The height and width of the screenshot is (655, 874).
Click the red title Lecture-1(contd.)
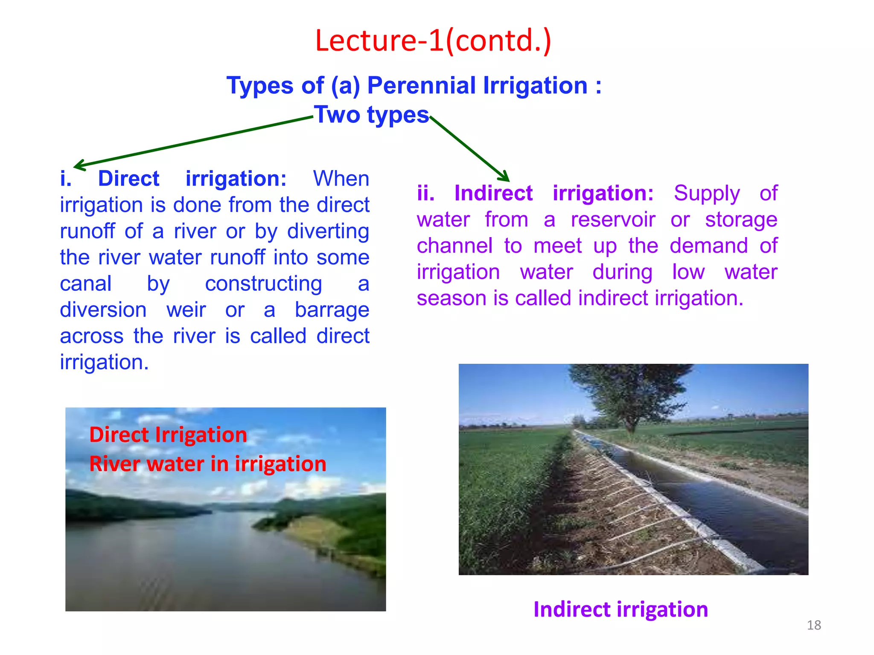pyautogui.click(x=433, y=41)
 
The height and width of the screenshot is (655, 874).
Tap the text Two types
pyautogui.click(x=371, y=115)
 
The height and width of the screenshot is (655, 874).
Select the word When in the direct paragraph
pyautogui.click(x=341, y=178)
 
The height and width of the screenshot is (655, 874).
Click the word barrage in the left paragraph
pyautogui.click(x=332, y=310)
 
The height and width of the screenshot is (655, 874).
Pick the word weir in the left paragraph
pyautogui.click(x=186, y=310)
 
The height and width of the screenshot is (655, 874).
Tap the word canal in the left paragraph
pyautogui.click(x=86, y=284)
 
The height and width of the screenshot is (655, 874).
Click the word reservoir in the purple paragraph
pyautogui.click(x=613, y=220)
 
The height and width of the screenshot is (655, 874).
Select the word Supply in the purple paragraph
pyautogui.click(x=706, y=194)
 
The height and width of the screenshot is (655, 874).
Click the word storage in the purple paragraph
pyautogui.click(x=741, y=220)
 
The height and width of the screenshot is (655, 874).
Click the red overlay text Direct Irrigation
pyautogui.click(x=168, y=435)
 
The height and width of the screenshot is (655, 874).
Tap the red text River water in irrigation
pyautogui.click(x=208, y=464)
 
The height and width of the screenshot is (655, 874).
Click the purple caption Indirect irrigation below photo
pyautogui.click(x=621, y=609)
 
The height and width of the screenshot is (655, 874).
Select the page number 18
pyautogui.click(x=814, y=625)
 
